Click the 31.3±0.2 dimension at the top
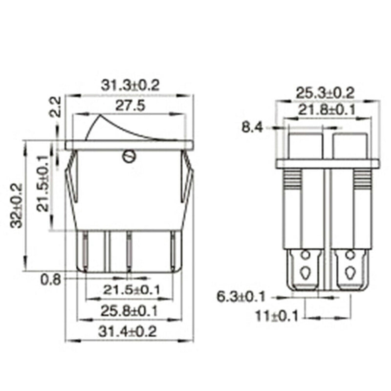(130, 85)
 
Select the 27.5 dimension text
(130, 106)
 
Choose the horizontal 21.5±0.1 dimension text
(131, 290)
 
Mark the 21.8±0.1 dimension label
(327, 111)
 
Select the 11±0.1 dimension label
(277, 316)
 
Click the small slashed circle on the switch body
(129, 156)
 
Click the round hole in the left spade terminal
(305, 255)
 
